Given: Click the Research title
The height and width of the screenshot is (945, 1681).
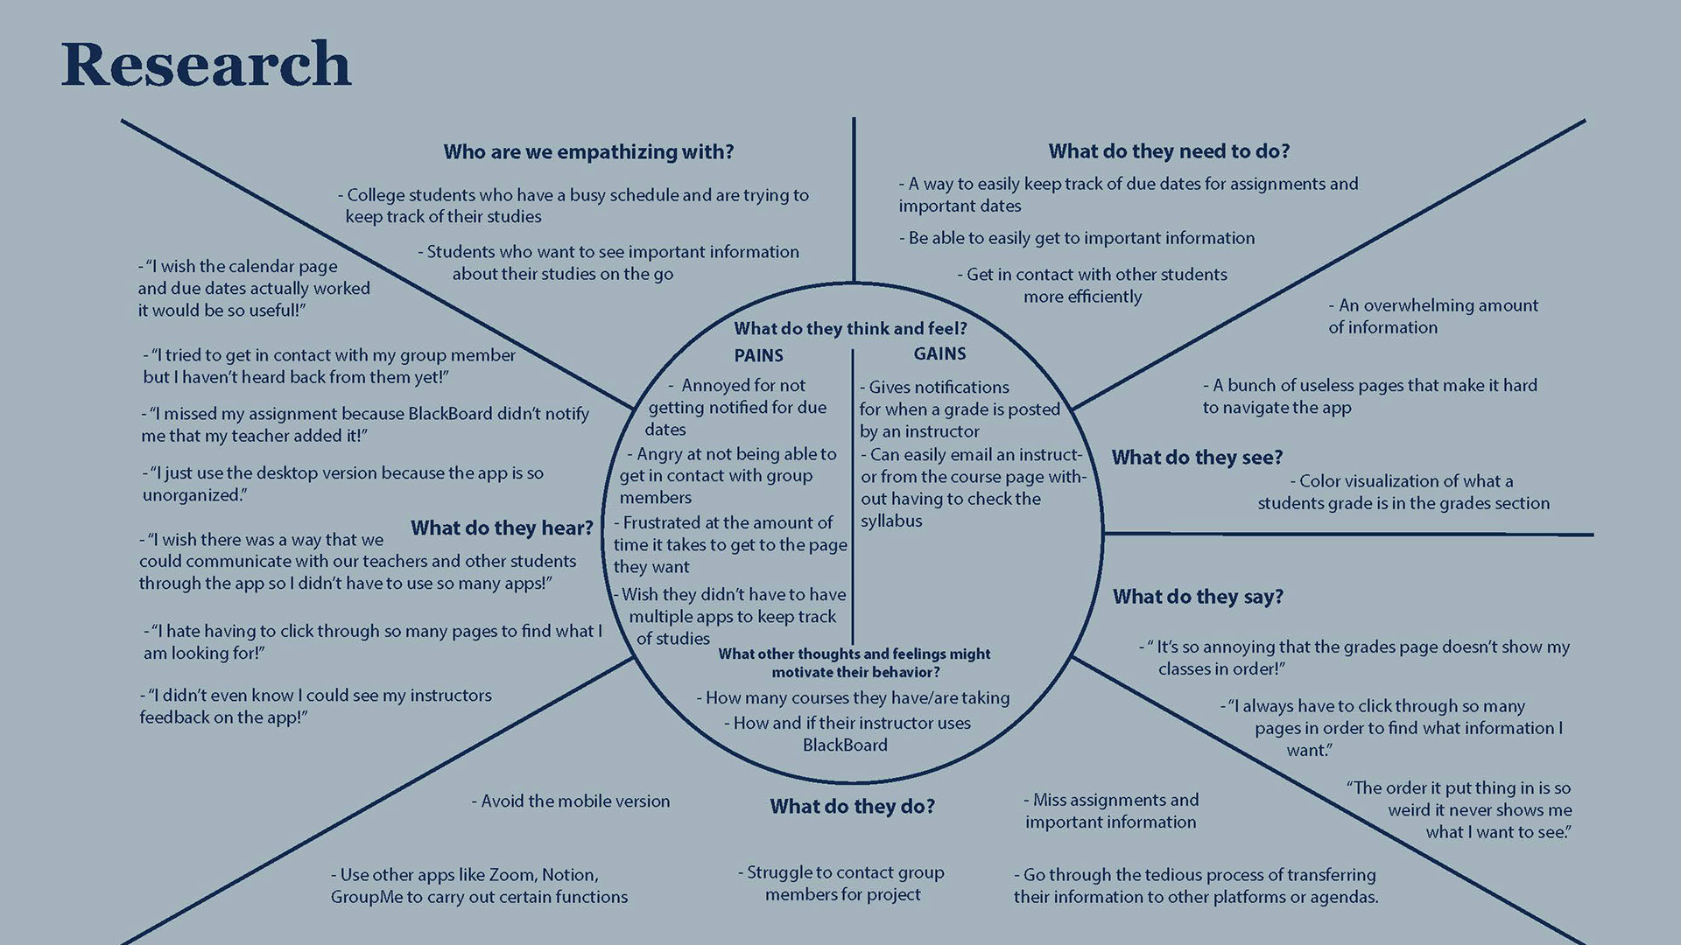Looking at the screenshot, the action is (206, 65).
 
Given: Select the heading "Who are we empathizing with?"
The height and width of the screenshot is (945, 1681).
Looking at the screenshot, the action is (588, 152).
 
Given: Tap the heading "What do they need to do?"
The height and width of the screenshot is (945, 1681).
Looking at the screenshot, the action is (1169, 151).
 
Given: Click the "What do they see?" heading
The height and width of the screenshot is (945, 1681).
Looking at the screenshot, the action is (1197, 458).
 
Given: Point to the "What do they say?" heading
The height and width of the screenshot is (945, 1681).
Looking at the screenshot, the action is (1198, 597).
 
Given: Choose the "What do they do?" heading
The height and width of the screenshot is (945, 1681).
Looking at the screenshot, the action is (852, 807).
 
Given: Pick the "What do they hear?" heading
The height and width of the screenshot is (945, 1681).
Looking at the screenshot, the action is (502, 528).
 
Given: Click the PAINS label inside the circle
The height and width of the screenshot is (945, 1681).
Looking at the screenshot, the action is (758, 356).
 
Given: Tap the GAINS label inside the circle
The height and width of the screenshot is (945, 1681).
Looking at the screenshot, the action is (939, 354).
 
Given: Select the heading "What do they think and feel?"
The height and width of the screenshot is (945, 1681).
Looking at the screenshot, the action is (850, 329).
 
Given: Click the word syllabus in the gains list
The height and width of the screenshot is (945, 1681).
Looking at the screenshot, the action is (891, 521).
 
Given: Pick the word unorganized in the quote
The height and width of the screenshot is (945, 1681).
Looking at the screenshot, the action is (192, 495).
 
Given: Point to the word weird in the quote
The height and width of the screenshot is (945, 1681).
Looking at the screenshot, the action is (1414, 810).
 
